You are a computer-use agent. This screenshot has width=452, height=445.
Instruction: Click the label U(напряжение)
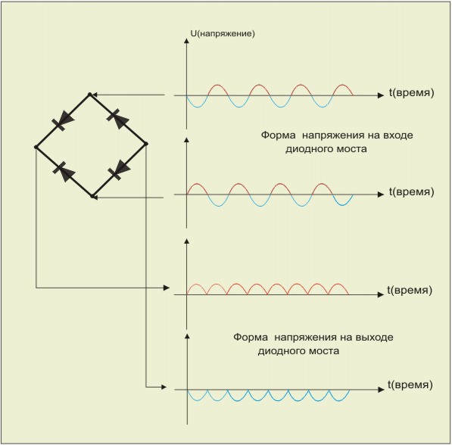[x=223, y=34]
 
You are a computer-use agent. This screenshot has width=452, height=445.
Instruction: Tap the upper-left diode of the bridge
[x=63, y=120]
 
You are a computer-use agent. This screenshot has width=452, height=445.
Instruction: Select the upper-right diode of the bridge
[x=117, y=118]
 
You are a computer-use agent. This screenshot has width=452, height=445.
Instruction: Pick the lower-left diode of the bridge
[x=64, y=172]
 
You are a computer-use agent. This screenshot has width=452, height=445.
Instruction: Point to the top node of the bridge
[x=89, y=95]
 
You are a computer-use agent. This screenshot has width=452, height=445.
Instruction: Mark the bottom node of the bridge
[x=92, y=197]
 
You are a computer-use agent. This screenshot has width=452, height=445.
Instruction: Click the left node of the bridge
[x=36, y=148]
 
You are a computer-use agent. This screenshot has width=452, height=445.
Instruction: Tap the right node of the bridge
[x=146, y=144]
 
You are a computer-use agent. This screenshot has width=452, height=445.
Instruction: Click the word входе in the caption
[x=397, y=135]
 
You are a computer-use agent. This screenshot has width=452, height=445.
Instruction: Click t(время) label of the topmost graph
[x=411, y=93]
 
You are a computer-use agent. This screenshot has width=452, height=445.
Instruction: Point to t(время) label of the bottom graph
[x=410, y=385]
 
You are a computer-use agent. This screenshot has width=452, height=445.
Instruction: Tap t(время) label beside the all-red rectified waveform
[x=410, y=290]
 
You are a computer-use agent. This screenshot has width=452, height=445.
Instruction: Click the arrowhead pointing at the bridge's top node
[x=95, y=95]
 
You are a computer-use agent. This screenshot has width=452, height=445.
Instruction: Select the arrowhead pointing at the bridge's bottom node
[x=95, y=198]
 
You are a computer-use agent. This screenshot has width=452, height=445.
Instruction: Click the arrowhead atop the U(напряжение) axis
[x=186, y=41]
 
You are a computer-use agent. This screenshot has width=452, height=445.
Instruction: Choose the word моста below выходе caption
[x=324, y=351]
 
